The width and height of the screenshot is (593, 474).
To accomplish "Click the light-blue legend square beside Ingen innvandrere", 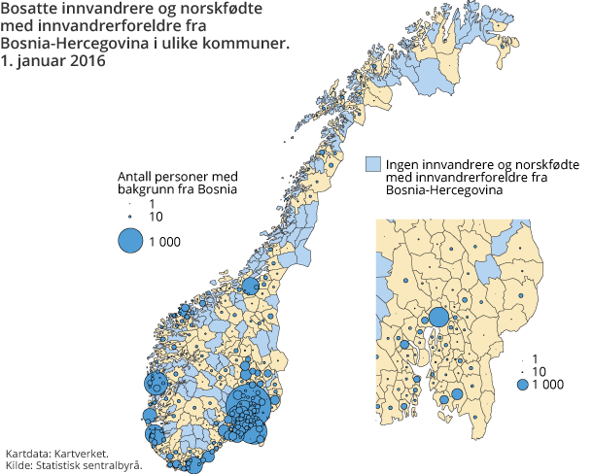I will point(372,164).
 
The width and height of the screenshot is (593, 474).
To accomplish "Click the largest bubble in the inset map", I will point(438,317).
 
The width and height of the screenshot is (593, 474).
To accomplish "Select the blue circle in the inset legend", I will point(523,385).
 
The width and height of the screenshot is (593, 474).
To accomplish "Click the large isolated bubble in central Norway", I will point(251,286).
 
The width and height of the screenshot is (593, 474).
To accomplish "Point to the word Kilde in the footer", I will point(17,465).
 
